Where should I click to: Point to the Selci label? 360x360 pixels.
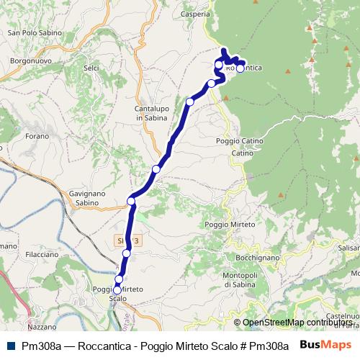[x=91, y=68]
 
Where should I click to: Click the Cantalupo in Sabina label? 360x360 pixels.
[x=151, y=113]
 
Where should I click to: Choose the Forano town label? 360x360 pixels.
[x=37, y=135]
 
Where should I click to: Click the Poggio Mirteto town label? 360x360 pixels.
[x=230, y=225]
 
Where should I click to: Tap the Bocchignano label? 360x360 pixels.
[x=256, y=257]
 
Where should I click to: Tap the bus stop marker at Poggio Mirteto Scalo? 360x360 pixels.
[x=117, y=290]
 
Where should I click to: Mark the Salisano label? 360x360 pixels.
[x=348, y=247]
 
